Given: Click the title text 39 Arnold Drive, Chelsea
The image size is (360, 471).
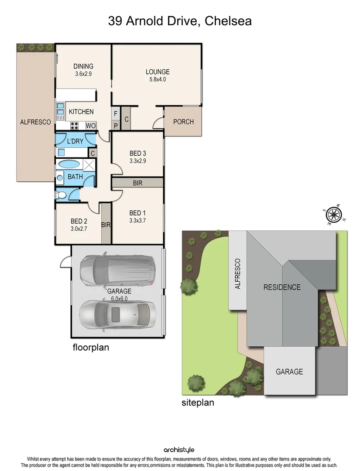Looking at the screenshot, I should click(180, 20).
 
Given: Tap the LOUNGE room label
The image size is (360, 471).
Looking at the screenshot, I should click(158, 72).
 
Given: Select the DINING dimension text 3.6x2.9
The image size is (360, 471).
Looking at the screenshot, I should click(83, 74).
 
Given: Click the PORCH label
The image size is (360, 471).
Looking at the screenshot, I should click(183, 122).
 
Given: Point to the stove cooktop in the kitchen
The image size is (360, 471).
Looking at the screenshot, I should click(75, 126).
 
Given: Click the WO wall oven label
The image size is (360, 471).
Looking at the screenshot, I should click(90, 126).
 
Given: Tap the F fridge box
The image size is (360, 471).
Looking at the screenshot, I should click(116, 113).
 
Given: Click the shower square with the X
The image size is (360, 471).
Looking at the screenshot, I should click(89, 165).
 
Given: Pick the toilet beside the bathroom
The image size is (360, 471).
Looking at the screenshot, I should click(60, 195).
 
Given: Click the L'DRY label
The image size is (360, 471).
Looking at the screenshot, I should click(75, 141).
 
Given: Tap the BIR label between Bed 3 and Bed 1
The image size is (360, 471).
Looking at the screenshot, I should click(137, 183).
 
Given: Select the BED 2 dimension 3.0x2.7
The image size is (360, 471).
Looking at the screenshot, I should click(79, 228).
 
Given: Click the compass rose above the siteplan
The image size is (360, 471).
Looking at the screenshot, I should click(334, 214).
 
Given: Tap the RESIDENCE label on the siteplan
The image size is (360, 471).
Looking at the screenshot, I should click(281, 287).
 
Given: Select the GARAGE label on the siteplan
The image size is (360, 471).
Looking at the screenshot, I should click(289, 372).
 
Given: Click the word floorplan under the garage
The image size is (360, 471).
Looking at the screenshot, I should click(90, 348).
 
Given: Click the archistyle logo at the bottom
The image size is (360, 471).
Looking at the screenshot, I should click(179, 450).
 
